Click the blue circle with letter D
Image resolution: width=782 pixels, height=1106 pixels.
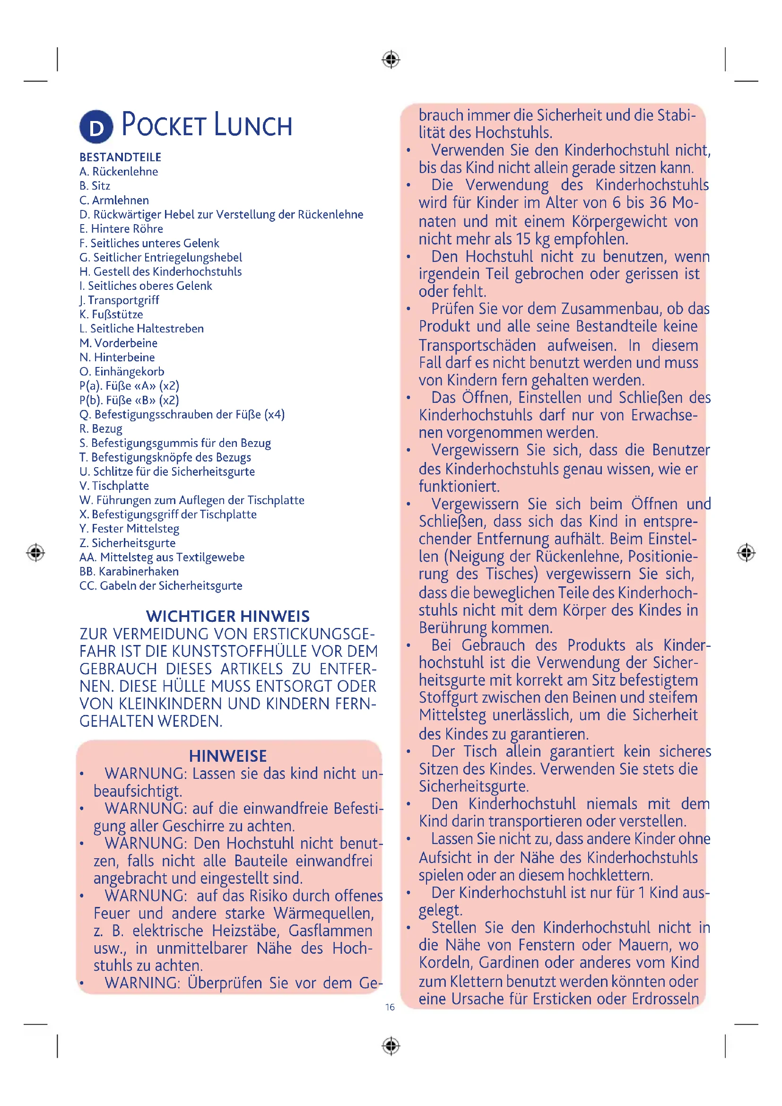[96, 127]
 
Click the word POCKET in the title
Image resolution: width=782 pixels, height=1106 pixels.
[164, 125]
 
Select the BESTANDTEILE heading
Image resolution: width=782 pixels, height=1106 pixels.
[121, 157]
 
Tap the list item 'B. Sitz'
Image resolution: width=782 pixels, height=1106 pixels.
[95, 186]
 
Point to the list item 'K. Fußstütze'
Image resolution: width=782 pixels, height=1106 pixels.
[111, 314]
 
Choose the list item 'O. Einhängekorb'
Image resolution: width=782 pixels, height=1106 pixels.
[122, 371]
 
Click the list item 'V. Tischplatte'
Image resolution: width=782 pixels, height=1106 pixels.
[114, 486]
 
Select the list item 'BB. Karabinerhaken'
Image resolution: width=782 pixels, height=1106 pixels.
[129, 571]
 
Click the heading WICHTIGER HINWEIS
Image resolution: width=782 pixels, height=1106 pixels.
[228, 616]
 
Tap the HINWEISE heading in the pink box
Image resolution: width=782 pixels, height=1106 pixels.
[228, 756]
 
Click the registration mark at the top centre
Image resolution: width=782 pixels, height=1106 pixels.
[391, 60]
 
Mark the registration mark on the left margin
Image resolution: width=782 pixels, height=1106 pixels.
[35, 552]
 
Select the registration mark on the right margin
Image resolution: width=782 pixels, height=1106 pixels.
[746, 552]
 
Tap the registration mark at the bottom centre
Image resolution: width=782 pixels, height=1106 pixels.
[391, 1046]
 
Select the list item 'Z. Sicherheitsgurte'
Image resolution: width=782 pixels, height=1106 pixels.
[128, 543]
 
